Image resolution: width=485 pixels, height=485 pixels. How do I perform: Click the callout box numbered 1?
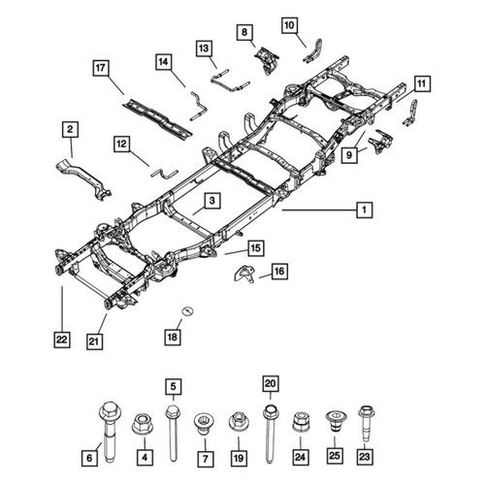pyautogui.click(x=365, y=210)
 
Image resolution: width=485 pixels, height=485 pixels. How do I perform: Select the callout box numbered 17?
pyautogui.click(x=101, y=68)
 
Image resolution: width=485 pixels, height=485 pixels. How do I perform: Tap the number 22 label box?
pyautogui.click(x=62, y=339)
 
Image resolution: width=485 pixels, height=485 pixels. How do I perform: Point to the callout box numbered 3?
pyautogui.click(x=212, y=201)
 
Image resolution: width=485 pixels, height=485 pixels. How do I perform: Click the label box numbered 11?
pyautogui.click(x=422, y=83)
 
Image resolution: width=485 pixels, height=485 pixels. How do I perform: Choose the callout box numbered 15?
pyautogui.click(x=256, y=248)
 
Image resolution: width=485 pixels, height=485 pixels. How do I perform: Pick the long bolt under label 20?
pyautogui.click(x=270, y=434)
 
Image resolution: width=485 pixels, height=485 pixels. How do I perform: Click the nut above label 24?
pyautogui.click(x=301, y=422)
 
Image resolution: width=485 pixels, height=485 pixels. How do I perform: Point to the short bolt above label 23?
pyautogui.click(x=367, y=423)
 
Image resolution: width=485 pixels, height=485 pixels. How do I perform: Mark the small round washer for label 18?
pyautogui.click(x=187, y=310)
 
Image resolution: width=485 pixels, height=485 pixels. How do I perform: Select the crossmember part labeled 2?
pyautogui.click(x=83, y=178)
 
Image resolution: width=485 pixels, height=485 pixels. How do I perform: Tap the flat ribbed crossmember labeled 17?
pyautogui.click(x=157, y=117)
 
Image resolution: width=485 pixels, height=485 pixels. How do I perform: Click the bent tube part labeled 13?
pyautogui.click(x=230, y=81)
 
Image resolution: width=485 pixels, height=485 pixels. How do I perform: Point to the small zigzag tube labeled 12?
pyautogui.click(x=164, y=174)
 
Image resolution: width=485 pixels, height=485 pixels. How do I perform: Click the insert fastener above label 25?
pyautogui.click(x=335, y=421)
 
